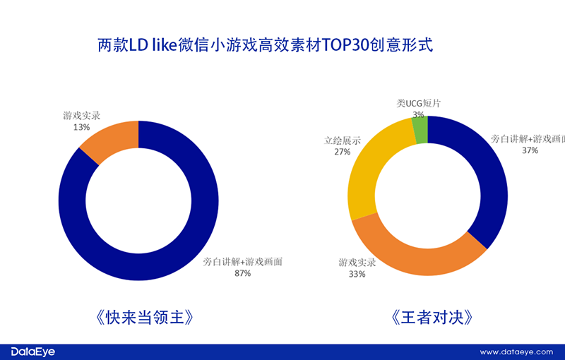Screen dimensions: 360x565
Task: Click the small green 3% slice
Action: [x=420, y=129]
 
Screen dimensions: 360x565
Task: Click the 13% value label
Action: [x=81, y=127]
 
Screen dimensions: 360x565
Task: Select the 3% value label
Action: [x=419, y=114]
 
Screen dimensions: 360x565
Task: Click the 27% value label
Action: [x=342, y=152]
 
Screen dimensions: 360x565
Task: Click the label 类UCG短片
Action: [x=419, y=103]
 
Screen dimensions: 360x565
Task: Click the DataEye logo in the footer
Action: [x=32, y=351]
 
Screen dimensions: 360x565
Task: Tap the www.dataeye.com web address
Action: [x=518, y=352]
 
